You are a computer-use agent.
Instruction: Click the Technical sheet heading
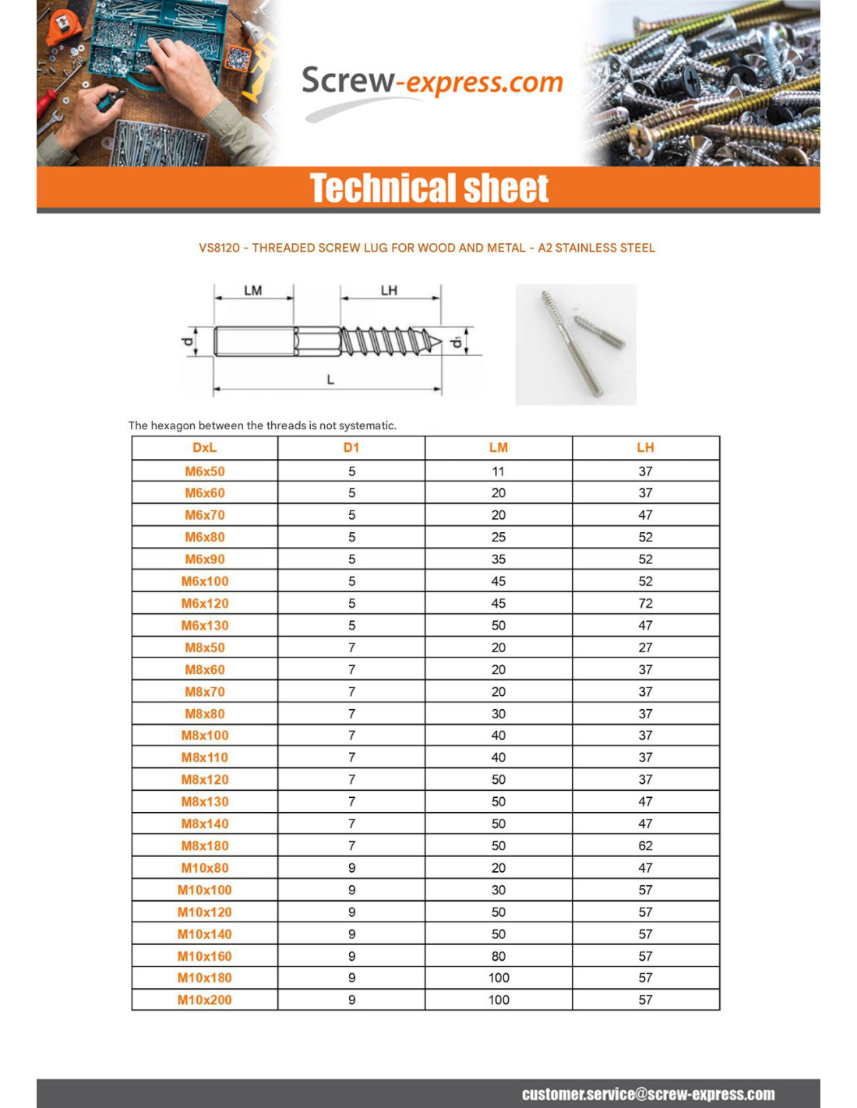428,189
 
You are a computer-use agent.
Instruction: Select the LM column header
498,448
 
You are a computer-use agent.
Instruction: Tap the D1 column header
351,448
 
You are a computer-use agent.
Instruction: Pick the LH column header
645,448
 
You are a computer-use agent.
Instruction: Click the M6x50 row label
205,471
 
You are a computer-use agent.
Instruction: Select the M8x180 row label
205,846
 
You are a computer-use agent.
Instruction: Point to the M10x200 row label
205,1000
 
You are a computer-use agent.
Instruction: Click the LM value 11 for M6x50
498,471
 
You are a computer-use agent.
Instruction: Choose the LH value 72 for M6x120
645,604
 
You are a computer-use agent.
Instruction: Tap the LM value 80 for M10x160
498,957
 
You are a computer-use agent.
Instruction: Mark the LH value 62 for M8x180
645,846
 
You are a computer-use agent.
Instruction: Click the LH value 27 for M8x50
645,648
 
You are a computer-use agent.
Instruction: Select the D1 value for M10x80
351,868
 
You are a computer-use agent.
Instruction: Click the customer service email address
648,1094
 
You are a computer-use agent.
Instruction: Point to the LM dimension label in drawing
253,291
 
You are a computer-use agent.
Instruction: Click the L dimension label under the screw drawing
330,379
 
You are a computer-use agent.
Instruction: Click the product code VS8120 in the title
219,248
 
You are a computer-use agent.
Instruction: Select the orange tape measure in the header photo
64,27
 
